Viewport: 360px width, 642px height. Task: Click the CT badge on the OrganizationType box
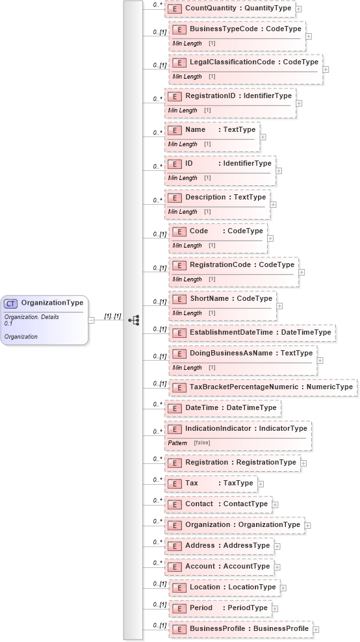click(x=11, y=303)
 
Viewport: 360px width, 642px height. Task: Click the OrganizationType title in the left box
click(x=52, y=303)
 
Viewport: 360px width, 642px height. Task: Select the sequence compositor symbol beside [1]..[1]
click(x=134, y=320)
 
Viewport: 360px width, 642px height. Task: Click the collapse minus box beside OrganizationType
click(x=92, y=320)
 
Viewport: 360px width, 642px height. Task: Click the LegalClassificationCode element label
click(x=253, y=62)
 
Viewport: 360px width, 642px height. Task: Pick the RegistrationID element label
click(x=238, y=96)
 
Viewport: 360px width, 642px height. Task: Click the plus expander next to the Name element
click(x=263, y=137)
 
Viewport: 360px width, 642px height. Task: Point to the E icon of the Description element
click(x=174, y=198)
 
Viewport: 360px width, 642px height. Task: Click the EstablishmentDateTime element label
click(x=260, y=333)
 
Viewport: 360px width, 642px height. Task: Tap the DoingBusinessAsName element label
click(x=251, y=353)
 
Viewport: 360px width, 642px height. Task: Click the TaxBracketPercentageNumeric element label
click(x=271, y=387)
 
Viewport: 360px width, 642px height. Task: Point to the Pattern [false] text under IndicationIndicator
click(x=189, y=443)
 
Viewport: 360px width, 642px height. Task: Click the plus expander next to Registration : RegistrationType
click(x=303, y=463)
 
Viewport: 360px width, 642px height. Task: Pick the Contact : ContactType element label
click(x=226, y=504)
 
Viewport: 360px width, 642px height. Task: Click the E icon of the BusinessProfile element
click(x=177, y=629)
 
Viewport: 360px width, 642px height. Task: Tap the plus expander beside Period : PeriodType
click(x=275, y=609)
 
